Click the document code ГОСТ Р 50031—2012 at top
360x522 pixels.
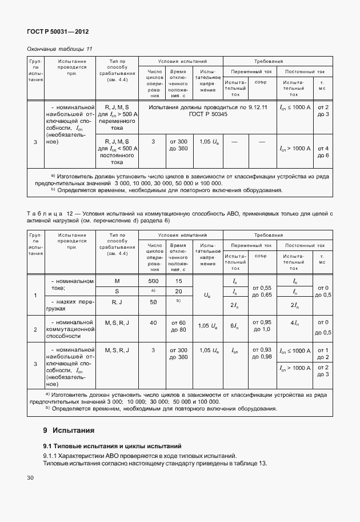coord(58,32)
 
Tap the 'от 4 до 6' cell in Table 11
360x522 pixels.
coord(322,152)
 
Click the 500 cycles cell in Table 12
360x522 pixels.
coord(153,281)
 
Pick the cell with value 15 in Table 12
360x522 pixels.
coord(179,281)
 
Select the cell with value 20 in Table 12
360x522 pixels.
coord(179,292)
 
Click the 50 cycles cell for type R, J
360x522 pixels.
coord(153,302)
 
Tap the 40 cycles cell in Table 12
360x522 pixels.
coord(153,323)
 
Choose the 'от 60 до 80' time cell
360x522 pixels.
coord(179,326)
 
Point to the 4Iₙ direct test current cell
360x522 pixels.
coord(294,324)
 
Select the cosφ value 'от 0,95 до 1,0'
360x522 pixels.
coord(261,326)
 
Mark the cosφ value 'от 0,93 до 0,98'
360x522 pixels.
coord(261,353)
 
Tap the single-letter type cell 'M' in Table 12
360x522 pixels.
coord(117,281)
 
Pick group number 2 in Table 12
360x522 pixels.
coord(35,330)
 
